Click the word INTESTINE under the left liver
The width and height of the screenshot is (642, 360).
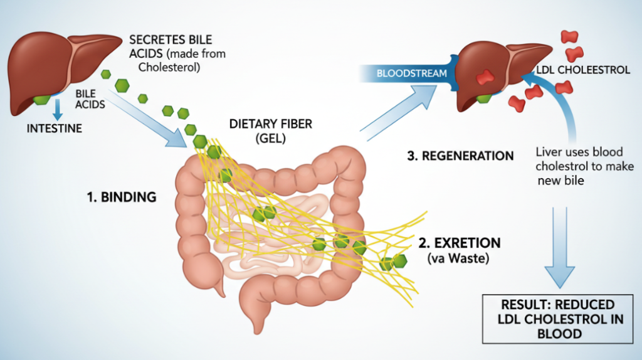(x=55, y=129)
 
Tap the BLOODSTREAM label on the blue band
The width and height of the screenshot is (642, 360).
(x=411, y=73)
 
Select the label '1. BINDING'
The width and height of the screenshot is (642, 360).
(x=121, y=197)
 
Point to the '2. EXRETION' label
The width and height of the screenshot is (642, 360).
(x=460, y=243)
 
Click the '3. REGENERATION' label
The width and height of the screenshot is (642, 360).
(x=460, y=156)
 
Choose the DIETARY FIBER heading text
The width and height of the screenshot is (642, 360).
(x=271, y=124)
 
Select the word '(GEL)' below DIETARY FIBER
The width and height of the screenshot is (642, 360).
(x=271, y=139)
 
